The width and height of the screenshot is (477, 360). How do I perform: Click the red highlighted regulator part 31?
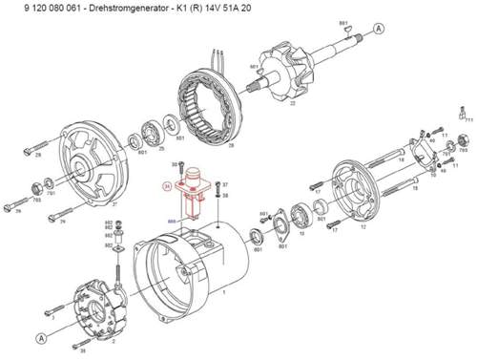pos(198,187)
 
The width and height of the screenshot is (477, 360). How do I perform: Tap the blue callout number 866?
pos(173,221)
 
